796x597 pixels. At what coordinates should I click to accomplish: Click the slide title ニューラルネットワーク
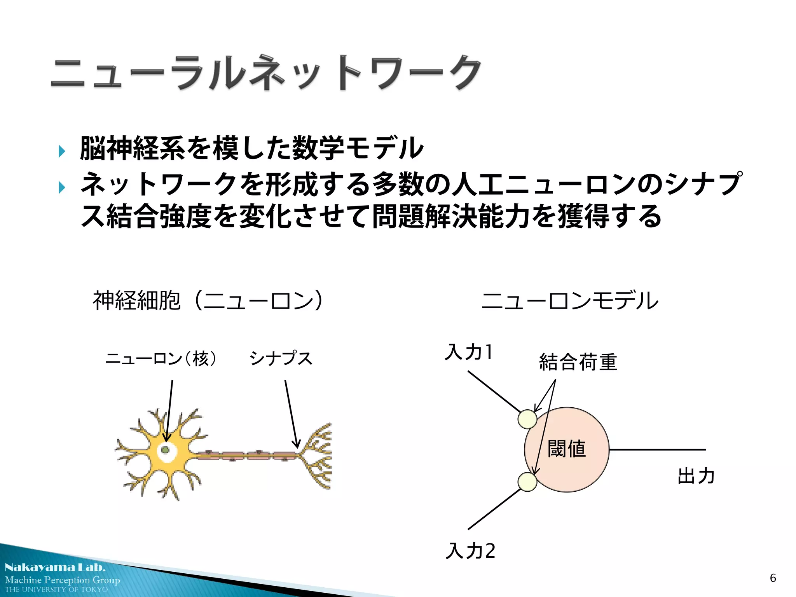(x=267, y=73)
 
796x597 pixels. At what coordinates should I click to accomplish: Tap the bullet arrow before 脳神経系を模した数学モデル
(x=61, y=151)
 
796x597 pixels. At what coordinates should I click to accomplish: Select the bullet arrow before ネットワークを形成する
(x=61, y=187)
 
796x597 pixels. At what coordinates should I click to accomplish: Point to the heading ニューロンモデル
(x=570, y=300)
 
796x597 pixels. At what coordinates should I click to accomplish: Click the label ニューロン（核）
(x=161, y=358)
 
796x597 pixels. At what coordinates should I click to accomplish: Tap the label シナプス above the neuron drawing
(x=281, y=358)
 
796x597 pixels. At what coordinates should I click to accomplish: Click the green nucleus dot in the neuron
(x=165, y=450)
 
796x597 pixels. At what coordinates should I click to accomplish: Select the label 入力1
(x=469, y=352)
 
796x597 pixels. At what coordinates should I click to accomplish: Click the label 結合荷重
(x=578, y=362)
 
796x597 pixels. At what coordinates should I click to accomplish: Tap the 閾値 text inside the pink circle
(x=567, y=449)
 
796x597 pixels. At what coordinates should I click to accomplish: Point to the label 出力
(x=696, y=476)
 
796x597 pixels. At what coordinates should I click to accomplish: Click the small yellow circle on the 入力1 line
(x=527, y=419)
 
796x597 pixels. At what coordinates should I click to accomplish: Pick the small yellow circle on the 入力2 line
(x=527, y=482)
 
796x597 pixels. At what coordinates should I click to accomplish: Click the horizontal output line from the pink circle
(x=657, y=450)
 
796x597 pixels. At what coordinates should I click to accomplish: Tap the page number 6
(x=773, y=578)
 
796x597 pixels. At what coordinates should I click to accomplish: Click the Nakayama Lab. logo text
(x=55, y=567)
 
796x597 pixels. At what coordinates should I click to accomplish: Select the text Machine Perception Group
(x=62, y=580)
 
